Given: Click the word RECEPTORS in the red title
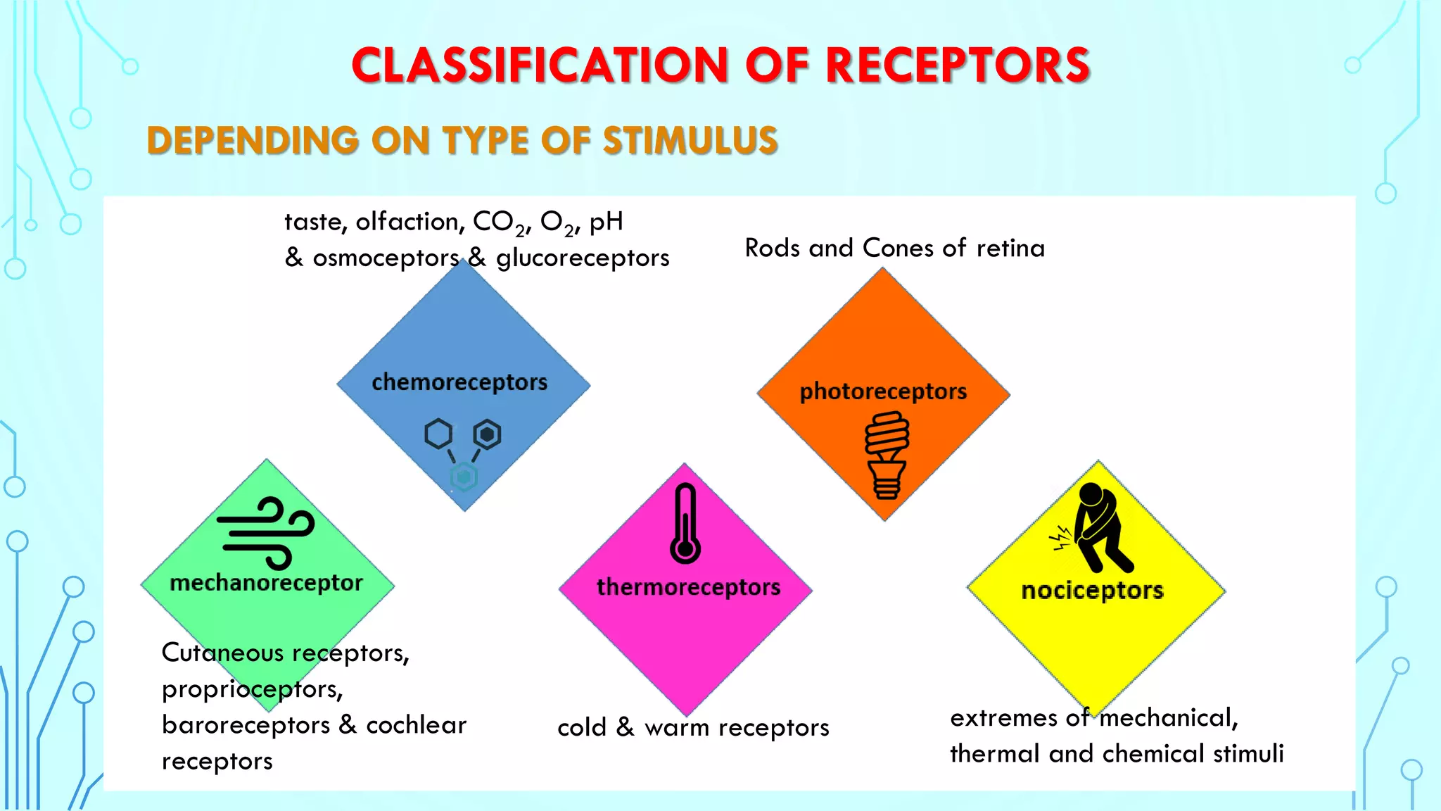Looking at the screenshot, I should click(957, 65).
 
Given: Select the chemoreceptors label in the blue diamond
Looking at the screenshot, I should click(459, 382).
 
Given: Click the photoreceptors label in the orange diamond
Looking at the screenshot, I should click(883, 391).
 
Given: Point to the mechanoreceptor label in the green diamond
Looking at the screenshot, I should click(266, 583).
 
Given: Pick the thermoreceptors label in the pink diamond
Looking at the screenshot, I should click(688, 587).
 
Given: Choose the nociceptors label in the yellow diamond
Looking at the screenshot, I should click(1092, 590).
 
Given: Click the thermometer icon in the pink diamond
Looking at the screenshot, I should click(685, 524).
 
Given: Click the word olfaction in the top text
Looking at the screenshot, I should click(410, 222).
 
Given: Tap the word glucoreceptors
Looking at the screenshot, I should click(583, 258).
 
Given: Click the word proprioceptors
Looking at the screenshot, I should click(252, 689).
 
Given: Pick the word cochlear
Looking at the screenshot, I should click(416, 725).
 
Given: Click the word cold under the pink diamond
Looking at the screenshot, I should click(581, 727).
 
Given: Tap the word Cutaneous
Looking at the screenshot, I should click(222, 653).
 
